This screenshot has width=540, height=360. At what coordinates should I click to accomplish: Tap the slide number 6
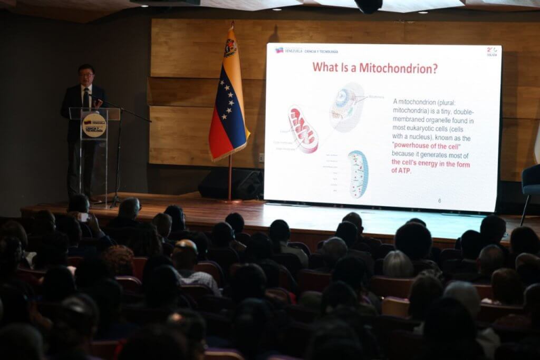(439, 201)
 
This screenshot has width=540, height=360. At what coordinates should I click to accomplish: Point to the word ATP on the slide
(402, 170)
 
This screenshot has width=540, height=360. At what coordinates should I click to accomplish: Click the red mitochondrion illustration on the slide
(303, 129)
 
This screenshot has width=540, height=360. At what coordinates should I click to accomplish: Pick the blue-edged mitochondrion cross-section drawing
(358, 174)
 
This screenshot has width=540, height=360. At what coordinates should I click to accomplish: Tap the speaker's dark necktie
(85, 99)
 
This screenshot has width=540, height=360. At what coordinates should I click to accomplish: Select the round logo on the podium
(94, 125)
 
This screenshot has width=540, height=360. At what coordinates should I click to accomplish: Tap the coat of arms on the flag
(230, 48)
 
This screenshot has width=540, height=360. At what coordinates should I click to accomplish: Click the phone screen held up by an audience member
(83, 217)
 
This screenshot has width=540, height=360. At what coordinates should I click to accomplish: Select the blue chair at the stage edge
(531, 182)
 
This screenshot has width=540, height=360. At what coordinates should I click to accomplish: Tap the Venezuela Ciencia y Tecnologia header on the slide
(307, 51)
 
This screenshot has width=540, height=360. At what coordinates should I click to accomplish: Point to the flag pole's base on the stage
(230, 201)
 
